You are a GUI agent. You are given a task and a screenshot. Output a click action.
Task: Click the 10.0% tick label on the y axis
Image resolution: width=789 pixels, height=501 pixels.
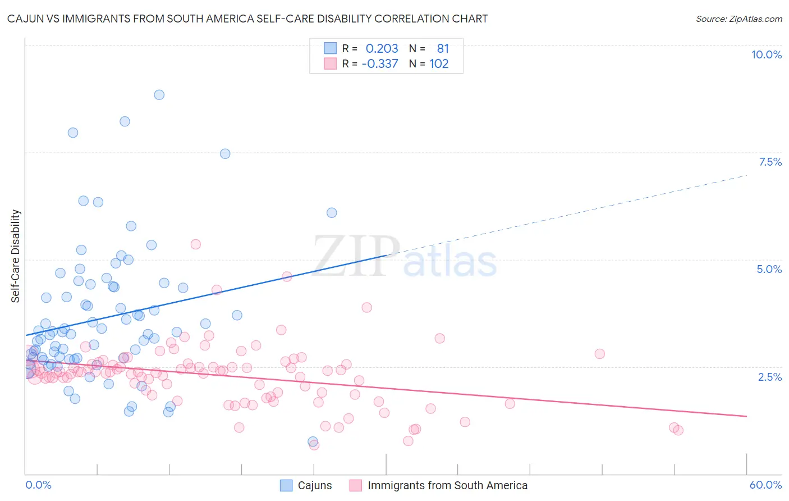(766, 54)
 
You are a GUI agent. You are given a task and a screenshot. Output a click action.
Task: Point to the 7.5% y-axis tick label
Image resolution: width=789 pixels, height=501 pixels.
(770, 162)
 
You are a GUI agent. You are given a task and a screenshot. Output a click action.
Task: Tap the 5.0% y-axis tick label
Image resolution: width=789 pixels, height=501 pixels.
(769, 269)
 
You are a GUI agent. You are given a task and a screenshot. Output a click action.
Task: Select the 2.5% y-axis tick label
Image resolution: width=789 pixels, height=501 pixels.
(769, 377)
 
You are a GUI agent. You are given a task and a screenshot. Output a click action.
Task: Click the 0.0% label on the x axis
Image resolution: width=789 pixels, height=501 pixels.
(38, 485)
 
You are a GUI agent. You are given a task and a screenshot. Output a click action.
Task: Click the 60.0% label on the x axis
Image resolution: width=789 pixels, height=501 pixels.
(765, 485)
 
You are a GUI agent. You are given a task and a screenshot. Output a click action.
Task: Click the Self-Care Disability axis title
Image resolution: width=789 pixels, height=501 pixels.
(16, 256)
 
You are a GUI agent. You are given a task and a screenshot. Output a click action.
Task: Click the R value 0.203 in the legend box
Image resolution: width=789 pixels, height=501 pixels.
(382, 49)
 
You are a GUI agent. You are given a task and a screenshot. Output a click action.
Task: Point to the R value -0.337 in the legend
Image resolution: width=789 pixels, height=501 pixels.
(380, 64)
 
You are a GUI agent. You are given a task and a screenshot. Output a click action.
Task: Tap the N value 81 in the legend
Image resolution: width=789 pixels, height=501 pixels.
(443, 49)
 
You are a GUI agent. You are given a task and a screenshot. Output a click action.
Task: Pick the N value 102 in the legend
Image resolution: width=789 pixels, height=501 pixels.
(439, 64)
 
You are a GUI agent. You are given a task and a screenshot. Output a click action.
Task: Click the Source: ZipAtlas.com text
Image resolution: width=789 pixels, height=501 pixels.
(738, 19)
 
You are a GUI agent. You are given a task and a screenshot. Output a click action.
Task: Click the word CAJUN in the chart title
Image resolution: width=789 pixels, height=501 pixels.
(26, 19)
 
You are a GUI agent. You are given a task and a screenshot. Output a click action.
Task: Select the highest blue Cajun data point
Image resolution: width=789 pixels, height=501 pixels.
(159, 95)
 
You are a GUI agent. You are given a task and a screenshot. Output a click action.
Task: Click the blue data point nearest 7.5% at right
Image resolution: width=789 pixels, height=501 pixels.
(225, 154)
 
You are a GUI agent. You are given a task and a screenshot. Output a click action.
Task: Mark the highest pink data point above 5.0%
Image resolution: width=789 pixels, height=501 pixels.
(196, 244)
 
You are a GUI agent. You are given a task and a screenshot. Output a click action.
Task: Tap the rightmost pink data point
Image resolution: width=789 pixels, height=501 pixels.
(678, 430)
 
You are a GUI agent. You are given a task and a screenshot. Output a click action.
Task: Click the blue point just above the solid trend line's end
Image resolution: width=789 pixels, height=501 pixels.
(332, 213)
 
